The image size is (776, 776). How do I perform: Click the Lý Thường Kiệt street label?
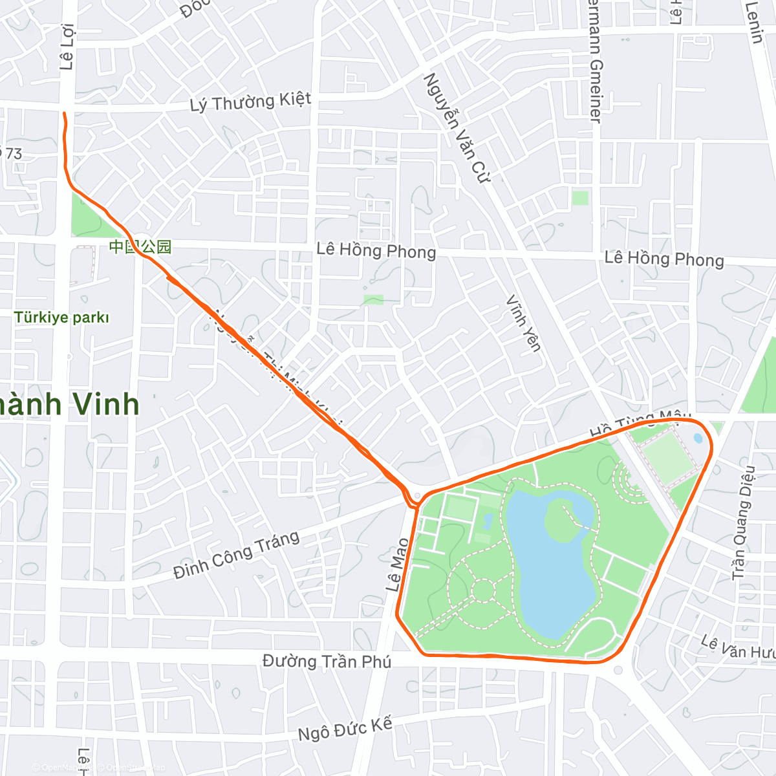(250, 102)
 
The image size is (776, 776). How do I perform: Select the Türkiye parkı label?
(62, 318)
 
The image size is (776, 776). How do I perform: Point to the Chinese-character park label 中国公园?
(140, 246)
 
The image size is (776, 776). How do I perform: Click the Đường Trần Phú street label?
(327, 661)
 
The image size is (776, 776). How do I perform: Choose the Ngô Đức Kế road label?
(345, 729)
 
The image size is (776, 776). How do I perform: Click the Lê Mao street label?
(397, 565)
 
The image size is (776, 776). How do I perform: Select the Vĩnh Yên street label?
(523, 323)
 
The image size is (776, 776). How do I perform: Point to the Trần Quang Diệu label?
(743, 523)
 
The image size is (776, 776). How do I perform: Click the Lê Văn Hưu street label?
(737, 647)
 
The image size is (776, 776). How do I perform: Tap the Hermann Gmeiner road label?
(596, 71)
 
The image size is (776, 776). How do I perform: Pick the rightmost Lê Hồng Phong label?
(663, 259)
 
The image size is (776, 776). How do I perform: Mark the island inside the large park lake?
(561, 521)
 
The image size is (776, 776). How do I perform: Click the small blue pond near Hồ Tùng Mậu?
(698, 438)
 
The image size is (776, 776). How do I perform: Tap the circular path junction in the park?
(482, 590)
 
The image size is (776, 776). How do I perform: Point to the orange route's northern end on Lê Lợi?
(64, 114)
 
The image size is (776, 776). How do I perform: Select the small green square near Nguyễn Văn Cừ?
(580, 198)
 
